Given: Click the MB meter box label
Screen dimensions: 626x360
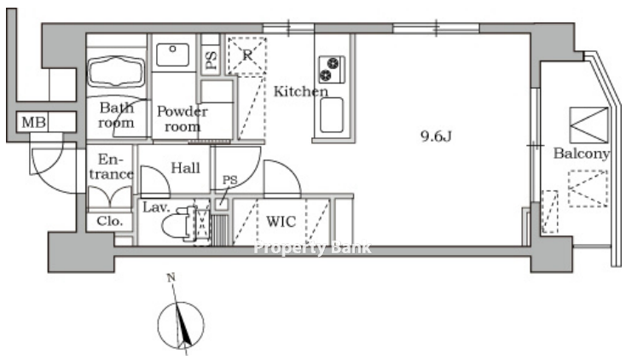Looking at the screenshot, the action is pyautogui.click(x=33, y=122).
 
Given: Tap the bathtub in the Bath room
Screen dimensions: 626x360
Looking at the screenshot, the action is pyautogui.click(x=116, y=71).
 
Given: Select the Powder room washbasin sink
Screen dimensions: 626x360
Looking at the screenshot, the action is pyautogui.click(x=173, y=55).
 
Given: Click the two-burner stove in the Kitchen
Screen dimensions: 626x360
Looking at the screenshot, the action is pyautogui.click(x=332, y=69).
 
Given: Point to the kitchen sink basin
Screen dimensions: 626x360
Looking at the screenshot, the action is pyautogui.click(x=332, y=114).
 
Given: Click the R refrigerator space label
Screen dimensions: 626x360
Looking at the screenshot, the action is pyautogui.click(x=247, y=55).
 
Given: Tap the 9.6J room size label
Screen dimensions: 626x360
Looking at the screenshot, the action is pyautogui.click(x=436, y=136).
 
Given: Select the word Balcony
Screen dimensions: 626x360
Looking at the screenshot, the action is pyautogui.click(x=582, y=154).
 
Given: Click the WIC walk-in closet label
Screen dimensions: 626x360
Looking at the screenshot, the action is pyautogui.click(x=281, y=221).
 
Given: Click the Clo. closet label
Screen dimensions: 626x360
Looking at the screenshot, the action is pyautogui.click(x=109, y=221).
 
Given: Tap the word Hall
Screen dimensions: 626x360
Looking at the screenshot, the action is pyautogui.click(x=186, y=168).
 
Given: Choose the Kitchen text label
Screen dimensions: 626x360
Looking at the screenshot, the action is pyautogui.click(x=300, y=91).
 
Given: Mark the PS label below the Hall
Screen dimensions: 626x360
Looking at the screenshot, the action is pyautogui.click(x=230, y=180).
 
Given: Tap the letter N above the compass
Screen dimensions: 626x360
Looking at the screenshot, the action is pyautogui.click(x=171, y=278).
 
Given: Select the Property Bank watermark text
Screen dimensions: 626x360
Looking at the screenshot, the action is pyautogui.click(x=313, y=248).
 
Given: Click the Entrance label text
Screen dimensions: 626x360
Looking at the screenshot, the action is pyautogui.click(x=111, y=166).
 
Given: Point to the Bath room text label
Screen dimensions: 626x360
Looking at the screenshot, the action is pyautogui.click(x=116, y=115).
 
